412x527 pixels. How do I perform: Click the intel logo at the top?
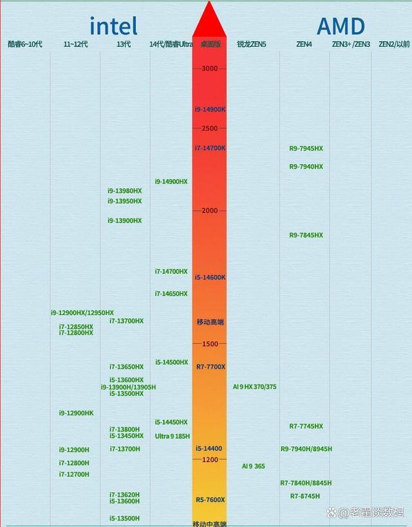(113, 26)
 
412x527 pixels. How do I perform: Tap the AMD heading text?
(341, 26)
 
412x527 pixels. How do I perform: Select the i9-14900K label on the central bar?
(210, 109)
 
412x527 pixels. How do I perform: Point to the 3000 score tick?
(210, 68)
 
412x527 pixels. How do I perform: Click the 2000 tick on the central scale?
(210, 210)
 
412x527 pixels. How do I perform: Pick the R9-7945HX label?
(306, 149)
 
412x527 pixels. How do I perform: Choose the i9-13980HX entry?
(125, 190)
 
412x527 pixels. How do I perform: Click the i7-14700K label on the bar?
(210, 148)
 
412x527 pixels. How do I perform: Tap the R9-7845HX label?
(306, 236)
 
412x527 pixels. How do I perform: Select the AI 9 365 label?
(253, 466)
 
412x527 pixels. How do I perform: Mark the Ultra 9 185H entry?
(173, 436)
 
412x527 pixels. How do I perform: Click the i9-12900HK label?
(76, 413)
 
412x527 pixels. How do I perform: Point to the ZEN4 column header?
(304, 44)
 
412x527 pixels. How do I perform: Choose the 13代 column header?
(124, 44)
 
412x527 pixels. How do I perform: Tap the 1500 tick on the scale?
(210, 344)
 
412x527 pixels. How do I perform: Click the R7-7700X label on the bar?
(211, 367)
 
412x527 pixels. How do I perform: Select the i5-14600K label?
(210, 277)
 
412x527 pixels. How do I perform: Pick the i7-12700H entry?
(74, 474)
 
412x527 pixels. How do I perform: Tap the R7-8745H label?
(304, 496)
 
